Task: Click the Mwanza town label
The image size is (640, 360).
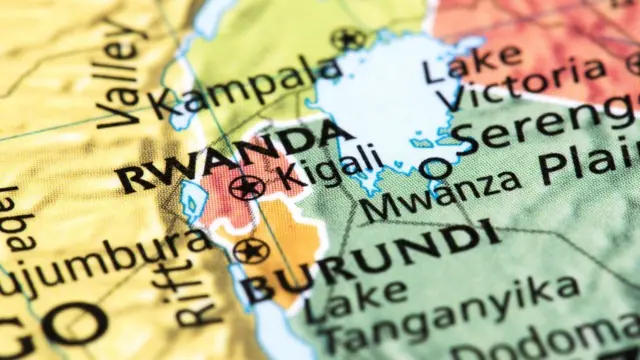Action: [441, 196]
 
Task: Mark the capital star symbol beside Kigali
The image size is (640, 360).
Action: [245, 186]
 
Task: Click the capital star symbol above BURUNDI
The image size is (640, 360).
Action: [251, 250]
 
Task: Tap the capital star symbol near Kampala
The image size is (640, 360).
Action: [348, 39]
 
